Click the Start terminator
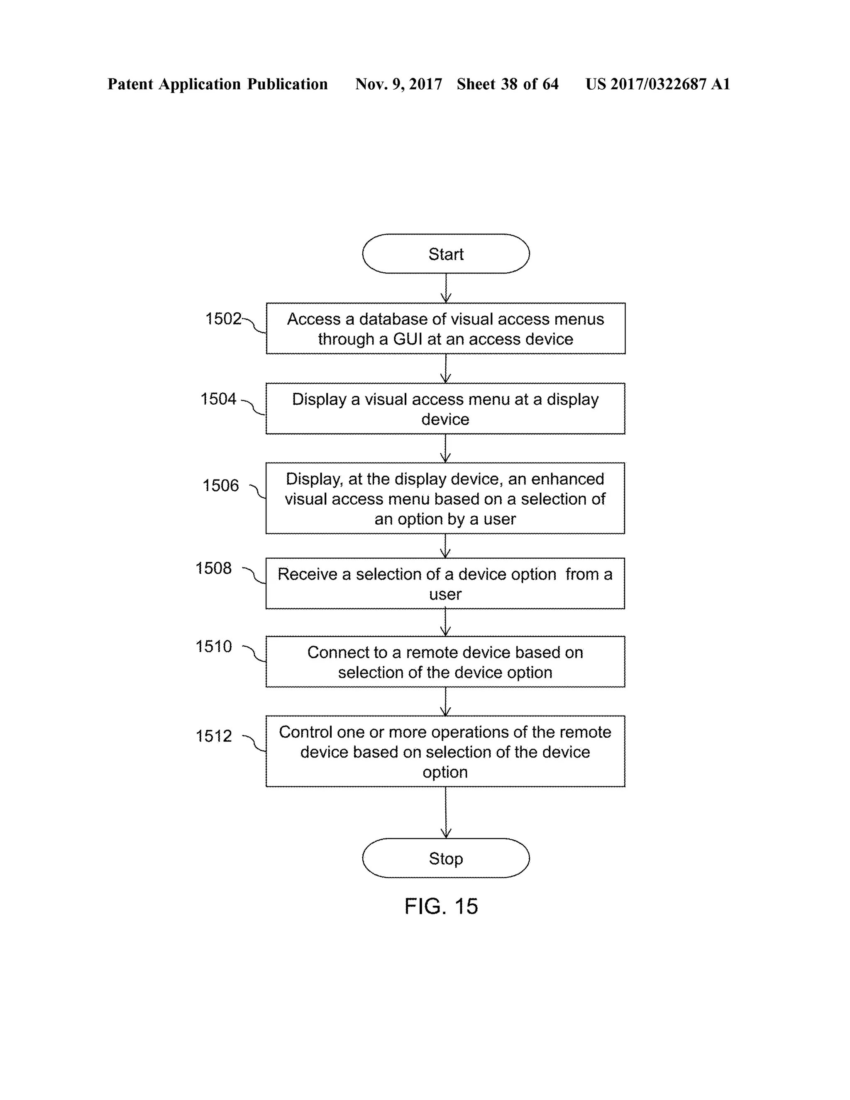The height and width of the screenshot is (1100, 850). (446, 254)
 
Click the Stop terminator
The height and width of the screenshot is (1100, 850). (446, 858)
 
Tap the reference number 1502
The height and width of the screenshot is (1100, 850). (223, 319)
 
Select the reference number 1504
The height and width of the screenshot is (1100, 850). (218, 399)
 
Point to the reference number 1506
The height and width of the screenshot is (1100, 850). (220, 486)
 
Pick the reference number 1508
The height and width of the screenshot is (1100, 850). (213, 568)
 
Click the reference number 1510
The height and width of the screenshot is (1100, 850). (213, 646)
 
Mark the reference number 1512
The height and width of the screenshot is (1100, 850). (213, 736)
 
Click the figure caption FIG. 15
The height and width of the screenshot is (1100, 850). (441, 907)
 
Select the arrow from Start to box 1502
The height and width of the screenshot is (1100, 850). (446, 288)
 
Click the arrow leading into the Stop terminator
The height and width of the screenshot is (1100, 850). (446, 812)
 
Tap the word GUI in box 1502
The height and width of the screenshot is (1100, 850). (408, 339)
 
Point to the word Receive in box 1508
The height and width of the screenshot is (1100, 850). (307, 574)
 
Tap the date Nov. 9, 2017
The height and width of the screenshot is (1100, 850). (398, 84)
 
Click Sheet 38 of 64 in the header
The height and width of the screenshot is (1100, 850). (508, 84)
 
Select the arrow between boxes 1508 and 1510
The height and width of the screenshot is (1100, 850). (446, 623)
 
